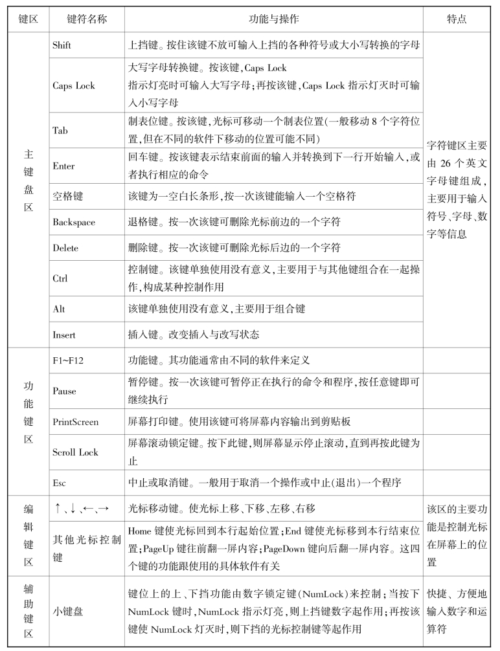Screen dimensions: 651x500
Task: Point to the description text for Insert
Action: tap(194, 335)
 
